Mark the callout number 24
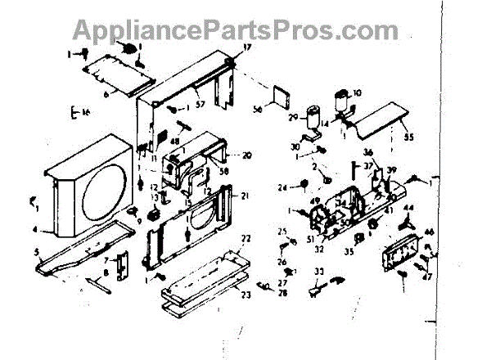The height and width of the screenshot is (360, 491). point(282,187)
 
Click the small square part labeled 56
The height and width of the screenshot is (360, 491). point(278,97)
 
